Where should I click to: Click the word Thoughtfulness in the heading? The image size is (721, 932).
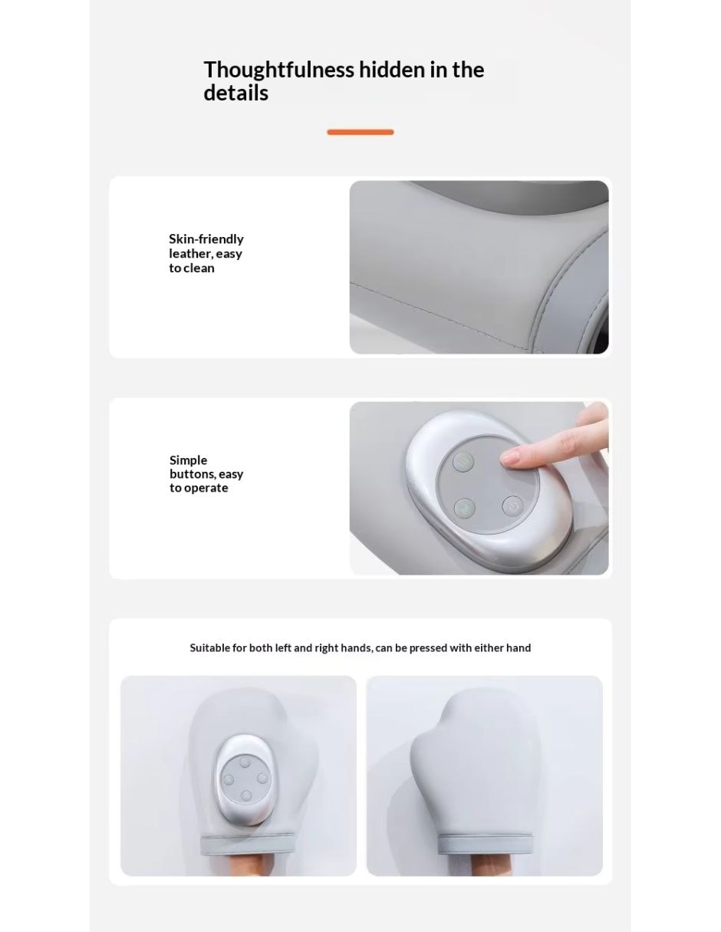(278, 71)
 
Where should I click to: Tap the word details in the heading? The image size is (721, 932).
(235, 94)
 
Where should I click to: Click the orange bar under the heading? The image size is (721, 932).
(360, 132)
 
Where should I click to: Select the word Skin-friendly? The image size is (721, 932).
(206, 239)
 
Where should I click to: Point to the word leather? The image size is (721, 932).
(190, 253)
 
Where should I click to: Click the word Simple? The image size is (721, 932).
(188, 460)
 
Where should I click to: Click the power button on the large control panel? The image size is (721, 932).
(512, 506)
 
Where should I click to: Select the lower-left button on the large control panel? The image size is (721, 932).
(464, 509)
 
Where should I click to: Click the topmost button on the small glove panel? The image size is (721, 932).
(245, 762)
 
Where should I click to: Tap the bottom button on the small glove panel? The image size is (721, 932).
(246, 796)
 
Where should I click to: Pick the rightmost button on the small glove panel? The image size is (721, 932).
(262, 778)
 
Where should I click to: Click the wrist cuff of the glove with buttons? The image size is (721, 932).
(248, 844)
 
